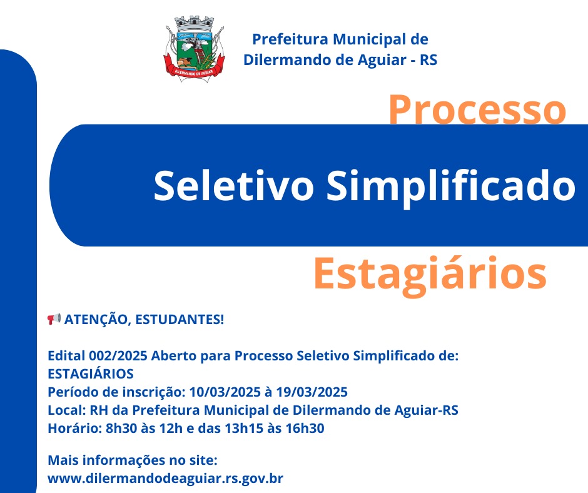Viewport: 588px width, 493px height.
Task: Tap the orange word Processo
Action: click(477, 109)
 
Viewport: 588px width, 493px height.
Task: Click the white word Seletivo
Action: click(233, 186)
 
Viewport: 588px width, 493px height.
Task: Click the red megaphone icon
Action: click(54, 319)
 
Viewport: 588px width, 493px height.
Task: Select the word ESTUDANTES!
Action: click(180, 320)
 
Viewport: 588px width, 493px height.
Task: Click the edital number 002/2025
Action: click(118, 356)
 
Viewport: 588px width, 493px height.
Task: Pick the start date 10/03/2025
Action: click(225, 392)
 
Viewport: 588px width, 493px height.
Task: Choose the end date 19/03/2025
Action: click(312, 392)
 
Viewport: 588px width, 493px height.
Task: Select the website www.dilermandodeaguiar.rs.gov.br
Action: click(165, 479)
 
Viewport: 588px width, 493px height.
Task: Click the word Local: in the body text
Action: click(66, 410)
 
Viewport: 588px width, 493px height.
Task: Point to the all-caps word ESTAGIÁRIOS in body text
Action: click(90, 374)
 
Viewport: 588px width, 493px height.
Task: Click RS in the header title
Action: click(428, 60)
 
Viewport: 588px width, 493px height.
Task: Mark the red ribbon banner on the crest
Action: click(195, 69)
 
